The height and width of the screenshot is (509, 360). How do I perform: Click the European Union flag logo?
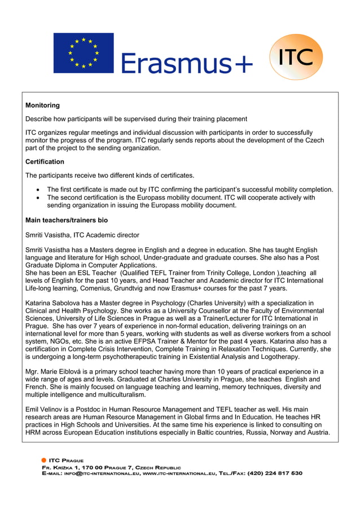84,53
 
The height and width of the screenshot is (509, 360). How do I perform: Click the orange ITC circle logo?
296,57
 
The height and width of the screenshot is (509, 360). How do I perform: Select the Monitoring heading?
42,106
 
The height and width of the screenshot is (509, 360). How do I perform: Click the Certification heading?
45,162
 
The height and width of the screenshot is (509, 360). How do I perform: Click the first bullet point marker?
38,190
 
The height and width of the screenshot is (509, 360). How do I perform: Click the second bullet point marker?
38,198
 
